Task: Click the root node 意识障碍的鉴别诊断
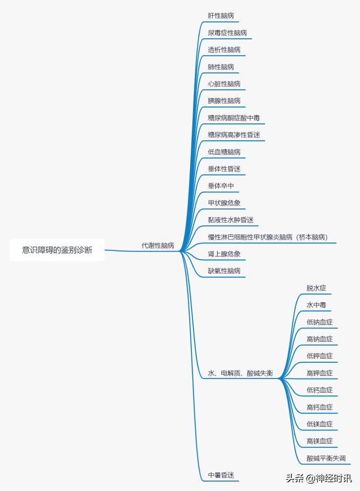point(57,250)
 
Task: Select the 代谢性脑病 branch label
point(157,246)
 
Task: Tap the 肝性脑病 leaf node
point(220,16)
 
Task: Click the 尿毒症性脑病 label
point(227,33)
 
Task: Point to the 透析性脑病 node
point(224,50)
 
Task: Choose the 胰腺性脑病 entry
point(224,101)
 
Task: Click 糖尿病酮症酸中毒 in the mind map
point(233,118)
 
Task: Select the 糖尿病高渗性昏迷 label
point(233,135)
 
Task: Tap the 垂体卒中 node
point(220,186)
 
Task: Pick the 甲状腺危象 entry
point(224,203)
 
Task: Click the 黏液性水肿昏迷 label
point(231,220)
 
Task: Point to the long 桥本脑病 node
point(267,237)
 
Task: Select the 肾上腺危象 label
point(224,254)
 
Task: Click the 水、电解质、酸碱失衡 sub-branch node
point(240,373)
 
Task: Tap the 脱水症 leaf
point(316,288)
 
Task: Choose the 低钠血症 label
point(319,322)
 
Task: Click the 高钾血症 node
point(319,373)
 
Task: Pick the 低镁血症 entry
point(319,424)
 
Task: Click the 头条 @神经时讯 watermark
point(318,479)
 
